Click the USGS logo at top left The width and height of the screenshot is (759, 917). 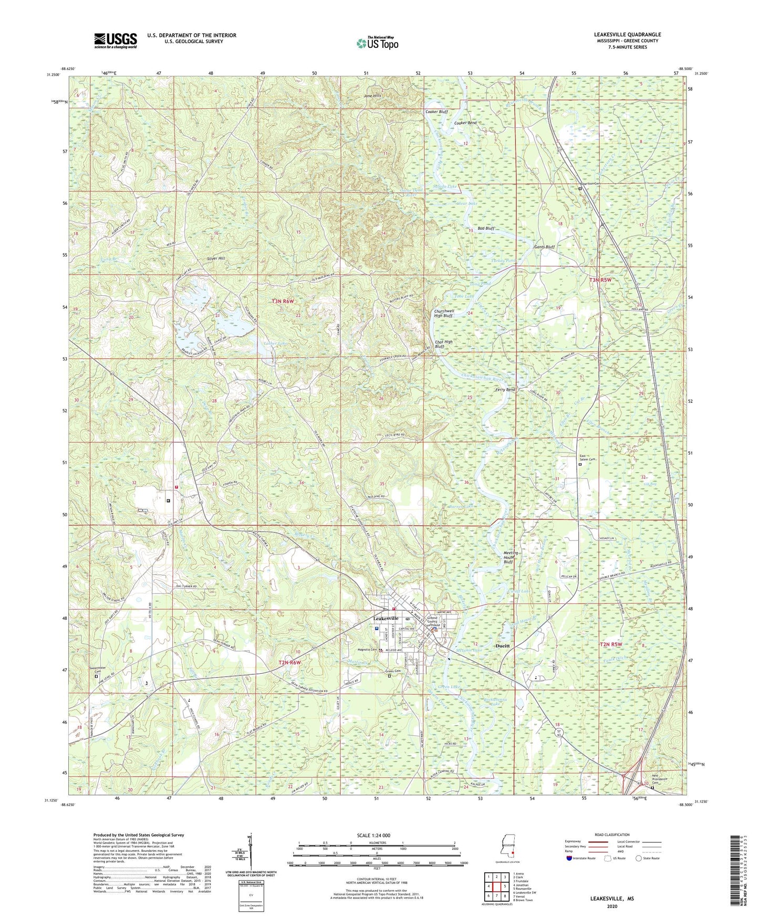tap(116, 40)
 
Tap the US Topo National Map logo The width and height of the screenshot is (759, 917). tap(377, 43)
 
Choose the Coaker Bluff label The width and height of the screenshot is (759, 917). tap(436, 112)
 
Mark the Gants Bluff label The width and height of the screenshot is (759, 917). tap(544, 246)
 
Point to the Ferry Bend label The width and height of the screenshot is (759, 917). tap(505, 390)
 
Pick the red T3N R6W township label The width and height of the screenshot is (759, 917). tap(284, 301)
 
